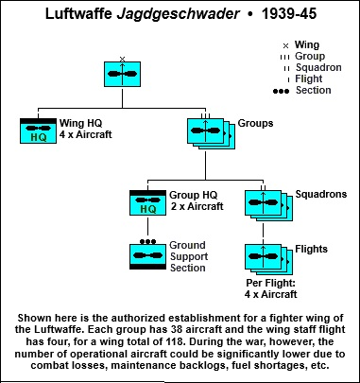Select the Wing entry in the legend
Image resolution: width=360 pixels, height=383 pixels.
(308, 44)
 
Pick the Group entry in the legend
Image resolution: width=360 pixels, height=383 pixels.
(312, 55)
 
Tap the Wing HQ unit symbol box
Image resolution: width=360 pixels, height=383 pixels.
(40, 131)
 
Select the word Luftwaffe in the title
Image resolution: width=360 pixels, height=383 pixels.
(84, 14)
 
